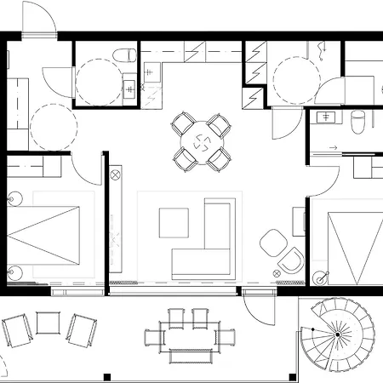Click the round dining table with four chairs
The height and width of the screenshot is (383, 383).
click(202, 142)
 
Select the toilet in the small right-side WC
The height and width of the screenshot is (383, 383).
click(357, 123)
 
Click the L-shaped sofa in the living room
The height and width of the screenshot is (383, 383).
click(209, 247)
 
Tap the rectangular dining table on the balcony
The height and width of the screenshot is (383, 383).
click(188, 335)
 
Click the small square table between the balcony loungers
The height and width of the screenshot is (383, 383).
click(49, 323)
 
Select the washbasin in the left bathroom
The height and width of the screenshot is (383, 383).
click(129, 88)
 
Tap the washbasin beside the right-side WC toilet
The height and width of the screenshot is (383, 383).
click(327, 117)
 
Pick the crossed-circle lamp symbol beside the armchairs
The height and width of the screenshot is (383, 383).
click(276, 270)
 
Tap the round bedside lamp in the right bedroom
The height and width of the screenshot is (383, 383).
click(320, 277)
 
